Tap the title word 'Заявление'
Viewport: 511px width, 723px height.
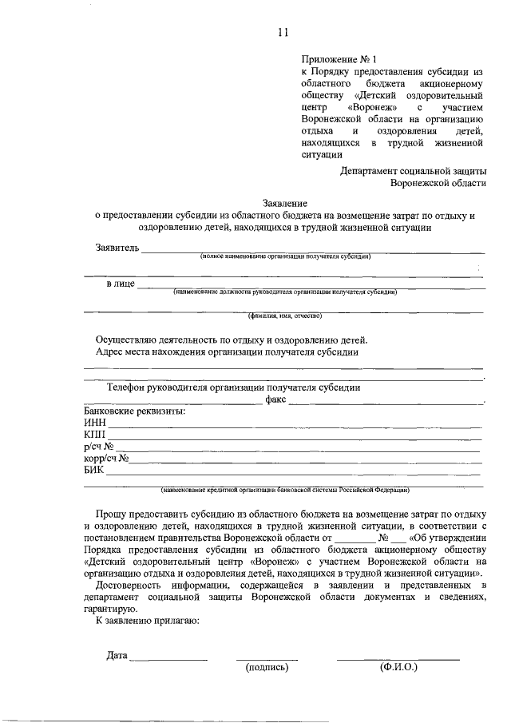point(285,204)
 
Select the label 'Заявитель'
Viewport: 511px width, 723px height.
point(117,247)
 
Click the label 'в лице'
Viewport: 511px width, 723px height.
point(121,284)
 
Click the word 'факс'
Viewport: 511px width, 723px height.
point(275,399)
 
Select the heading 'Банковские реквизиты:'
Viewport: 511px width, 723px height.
point(134,411)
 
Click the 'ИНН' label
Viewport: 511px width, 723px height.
point(94,423)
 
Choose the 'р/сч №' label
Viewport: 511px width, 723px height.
point(99,446)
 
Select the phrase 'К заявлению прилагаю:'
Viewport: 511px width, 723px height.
point(148,620)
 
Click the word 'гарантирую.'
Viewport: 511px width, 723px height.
point(110,608)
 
